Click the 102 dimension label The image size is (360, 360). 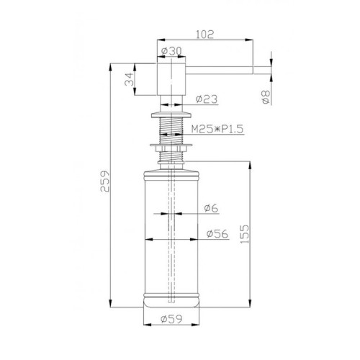point(204,35)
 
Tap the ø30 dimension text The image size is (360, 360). point(171,51)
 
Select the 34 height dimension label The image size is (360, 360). point(129,79)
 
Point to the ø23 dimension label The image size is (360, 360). point(207,99)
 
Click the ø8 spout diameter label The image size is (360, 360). point(266,96)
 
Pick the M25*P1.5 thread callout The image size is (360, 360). point(217,129)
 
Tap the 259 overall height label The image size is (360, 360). point(105,181)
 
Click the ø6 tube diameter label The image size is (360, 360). point(212,208)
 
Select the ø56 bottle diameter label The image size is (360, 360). point(217,234)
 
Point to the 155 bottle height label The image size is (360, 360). point(245,234)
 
